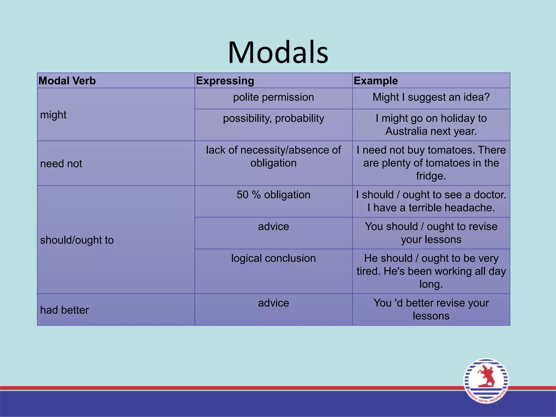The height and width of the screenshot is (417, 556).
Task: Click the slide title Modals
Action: pyautogui.click(x=278, y=52)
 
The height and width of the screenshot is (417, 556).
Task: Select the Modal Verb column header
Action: pyautogui.click(x=67, y=81)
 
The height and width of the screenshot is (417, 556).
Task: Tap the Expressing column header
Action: pyautogui.click(x=225, y=81)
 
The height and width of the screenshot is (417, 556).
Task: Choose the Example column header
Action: pyautogui.click(x=375, y=81)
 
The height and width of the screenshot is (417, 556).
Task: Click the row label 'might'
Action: pyautogui.click(x=53, y=115)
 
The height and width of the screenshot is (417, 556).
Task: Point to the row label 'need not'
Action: pyautogui.click(x=61, y=164)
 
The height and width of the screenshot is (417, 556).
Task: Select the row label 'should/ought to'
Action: pyautogui.click(x=77, y=240)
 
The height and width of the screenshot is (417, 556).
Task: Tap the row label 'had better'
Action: pyautogui.click(x=64, y=310)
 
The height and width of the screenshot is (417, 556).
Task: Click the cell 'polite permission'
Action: pyautogui.click(x=273, y=97)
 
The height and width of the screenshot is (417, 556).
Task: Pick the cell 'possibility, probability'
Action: pyautogui.click(x=273, y=118)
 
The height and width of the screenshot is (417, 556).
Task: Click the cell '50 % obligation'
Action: pyautogui.click(x=273, y=195)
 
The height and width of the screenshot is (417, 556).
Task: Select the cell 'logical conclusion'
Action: pyautogui.click(x=273, y=258)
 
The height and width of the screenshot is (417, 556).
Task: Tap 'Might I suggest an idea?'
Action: pyautogui.click(x=431, y=97)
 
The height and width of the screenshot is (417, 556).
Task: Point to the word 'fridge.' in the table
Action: pyautogui.click(x=431, y=176)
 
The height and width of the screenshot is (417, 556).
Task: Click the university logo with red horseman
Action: pyautogui.click(x=486, y=381)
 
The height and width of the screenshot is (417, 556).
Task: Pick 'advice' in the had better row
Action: pyautogui.click(x=273, y=303)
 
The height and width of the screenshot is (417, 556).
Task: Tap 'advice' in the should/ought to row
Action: pyautogui.click(x=273, y=226)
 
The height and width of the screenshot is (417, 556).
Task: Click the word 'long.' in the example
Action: pyautogui.click(x=431, y=284)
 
